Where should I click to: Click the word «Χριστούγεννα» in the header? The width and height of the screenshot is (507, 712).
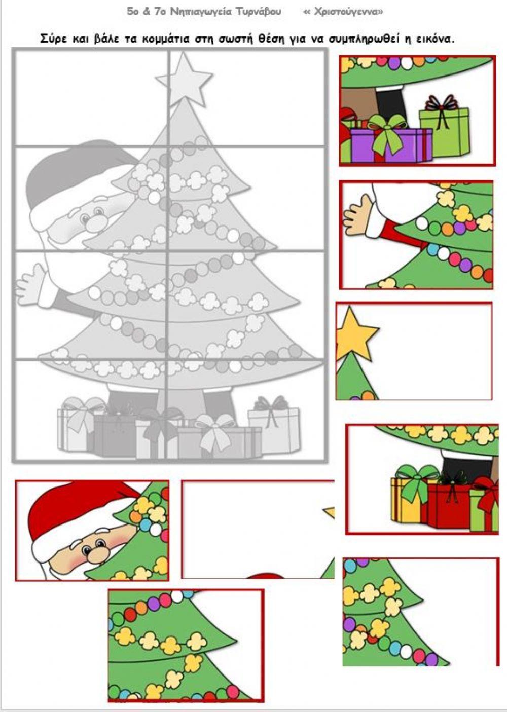coord(343,12)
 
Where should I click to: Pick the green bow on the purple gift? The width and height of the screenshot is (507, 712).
coord(386,130)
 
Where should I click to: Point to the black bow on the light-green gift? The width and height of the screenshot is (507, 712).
coord(441,108)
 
